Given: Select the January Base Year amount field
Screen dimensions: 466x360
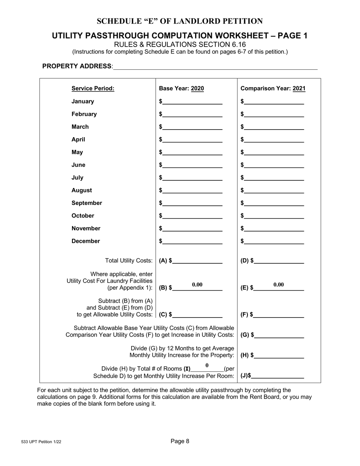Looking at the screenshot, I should (x=193, y=101).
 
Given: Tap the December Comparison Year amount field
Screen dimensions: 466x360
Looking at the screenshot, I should (x=274, y=241).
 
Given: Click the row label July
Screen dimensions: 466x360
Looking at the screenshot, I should (x=77, y=178).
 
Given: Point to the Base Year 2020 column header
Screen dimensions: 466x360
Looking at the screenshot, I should (x=181, y=89).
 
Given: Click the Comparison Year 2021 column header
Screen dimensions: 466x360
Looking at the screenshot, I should (x=273, y=89).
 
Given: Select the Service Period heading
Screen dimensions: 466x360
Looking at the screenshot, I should (x=93, y=89).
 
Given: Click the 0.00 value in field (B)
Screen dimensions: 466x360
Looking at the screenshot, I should (x=197, y=285).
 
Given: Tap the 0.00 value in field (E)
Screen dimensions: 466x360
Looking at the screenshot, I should (x=279, y=285).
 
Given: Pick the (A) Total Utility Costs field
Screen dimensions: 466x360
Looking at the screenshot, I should (x=197, y=260).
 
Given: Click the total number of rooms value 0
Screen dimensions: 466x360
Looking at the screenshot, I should (x=207, y=366).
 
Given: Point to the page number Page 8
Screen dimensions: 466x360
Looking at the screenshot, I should (x=180, y=441).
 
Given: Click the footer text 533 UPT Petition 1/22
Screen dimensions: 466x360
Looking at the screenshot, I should (x=41, y=442).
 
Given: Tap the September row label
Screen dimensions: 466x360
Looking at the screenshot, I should (x=87, y=203).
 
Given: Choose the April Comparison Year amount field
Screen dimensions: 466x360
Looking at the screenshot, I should (x=274, y=139).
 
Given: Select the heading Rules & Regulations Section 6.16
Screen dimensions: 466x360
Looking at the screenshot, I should (x=180, y=44).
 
